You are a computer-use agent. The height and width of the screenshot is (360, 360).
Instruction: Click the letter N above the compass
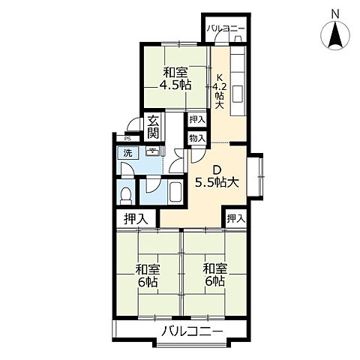(x=335, y=14)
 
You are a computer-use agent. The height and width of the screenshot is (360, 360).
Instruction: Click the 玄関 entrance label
(x=153, y=127)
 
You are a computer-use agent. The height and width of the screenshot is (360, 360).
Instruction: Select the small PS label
(x=127, y=138)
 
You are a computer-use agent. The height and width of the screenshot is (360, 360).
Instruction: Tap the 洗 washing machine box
(x=128, y=153)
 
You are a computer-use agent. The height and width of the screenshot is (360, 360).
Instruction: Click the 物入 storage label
(x=197, y=138)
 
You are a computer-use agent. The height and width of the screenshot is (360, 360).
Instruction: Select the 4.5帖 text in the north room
(x=175, y=85)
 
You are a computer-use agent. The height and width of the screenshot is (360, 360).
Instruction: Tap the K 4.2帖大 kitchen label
(x=219, y=91)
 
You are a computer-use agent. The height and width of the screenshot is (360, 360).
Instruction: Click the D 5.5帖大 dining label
(x=217, y=177)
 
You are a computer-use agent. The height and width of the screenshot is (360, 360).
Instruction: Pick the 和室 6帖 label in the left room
(x=148, y=275)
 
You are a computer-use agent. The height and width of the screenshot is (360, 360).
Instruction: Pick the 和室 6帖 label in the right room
(x=215, y=275)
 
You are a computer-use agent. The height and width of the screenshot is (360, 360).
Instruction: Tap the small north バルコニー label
(x=226, y=28)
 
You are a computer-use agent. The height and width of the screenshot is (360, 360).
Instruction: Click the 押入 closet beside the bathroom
(x=136, y=219)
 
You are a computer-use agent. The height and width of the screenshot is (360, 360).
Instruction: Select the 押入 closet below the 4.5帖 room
(x=197, y=120)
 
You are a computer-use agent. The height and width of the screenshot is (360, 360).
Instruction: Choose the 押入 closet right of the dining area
(x=235, y=219)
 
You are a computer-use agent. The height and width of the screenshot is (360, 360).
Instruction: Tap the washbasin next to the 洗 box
(x=152, y=151)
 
